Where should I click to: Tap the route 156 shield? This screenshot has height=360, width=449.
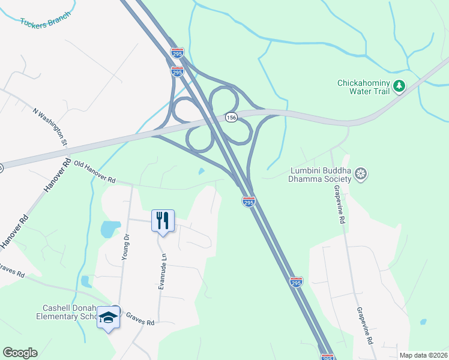pos(231,118)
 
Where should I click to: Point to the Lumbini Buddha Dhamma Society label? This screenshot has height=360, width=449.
pos(319,175)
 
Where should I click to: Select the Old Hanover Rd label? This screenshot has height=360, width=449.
pos(95,172)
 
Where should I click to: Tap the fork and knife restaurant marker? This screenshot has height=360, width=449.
pos(163,221)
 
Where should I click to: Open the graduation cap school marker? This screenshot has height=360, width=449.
pos(109,317)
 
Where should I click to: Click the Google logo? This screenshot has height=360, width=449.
pos(20,353)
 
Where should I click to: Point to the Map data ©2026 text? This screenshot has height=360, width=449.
pos(423,355)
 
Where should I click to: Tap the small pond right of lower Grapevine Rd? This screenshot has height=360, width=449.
pos(423,322)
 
